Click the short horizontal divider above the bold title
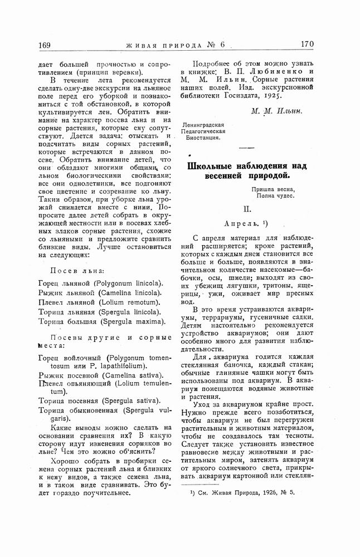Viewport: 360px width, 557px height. coord(246,147)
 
